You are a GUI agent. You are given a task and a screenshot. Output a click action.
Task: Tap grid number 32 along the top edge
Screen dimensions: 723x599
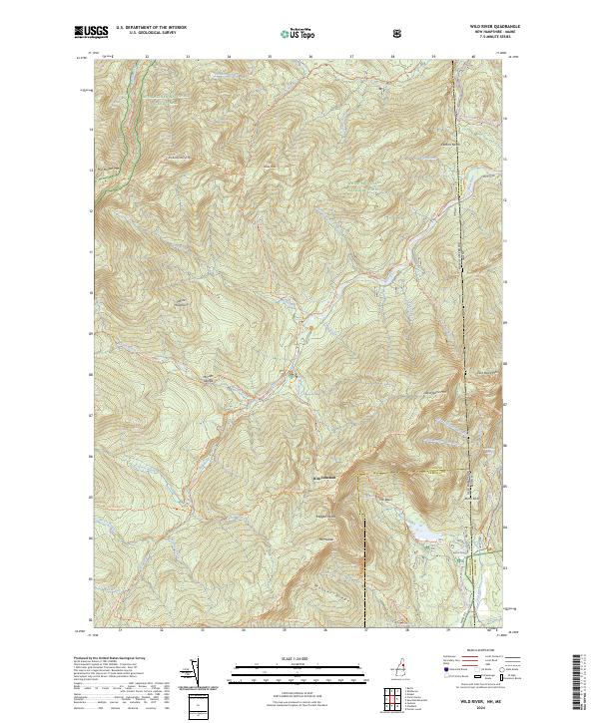[147, 56]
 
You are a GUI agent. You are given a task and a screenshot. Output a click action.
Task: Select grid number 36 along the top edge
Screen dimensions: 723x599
[310, 56]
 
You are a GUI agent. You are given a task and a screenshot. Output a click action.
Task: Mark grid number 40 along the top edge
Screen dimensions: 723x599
[473, 56]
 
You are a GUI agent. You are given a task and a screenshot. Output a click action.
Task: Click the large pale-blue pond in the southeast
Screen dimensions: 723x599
[422, 534]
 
